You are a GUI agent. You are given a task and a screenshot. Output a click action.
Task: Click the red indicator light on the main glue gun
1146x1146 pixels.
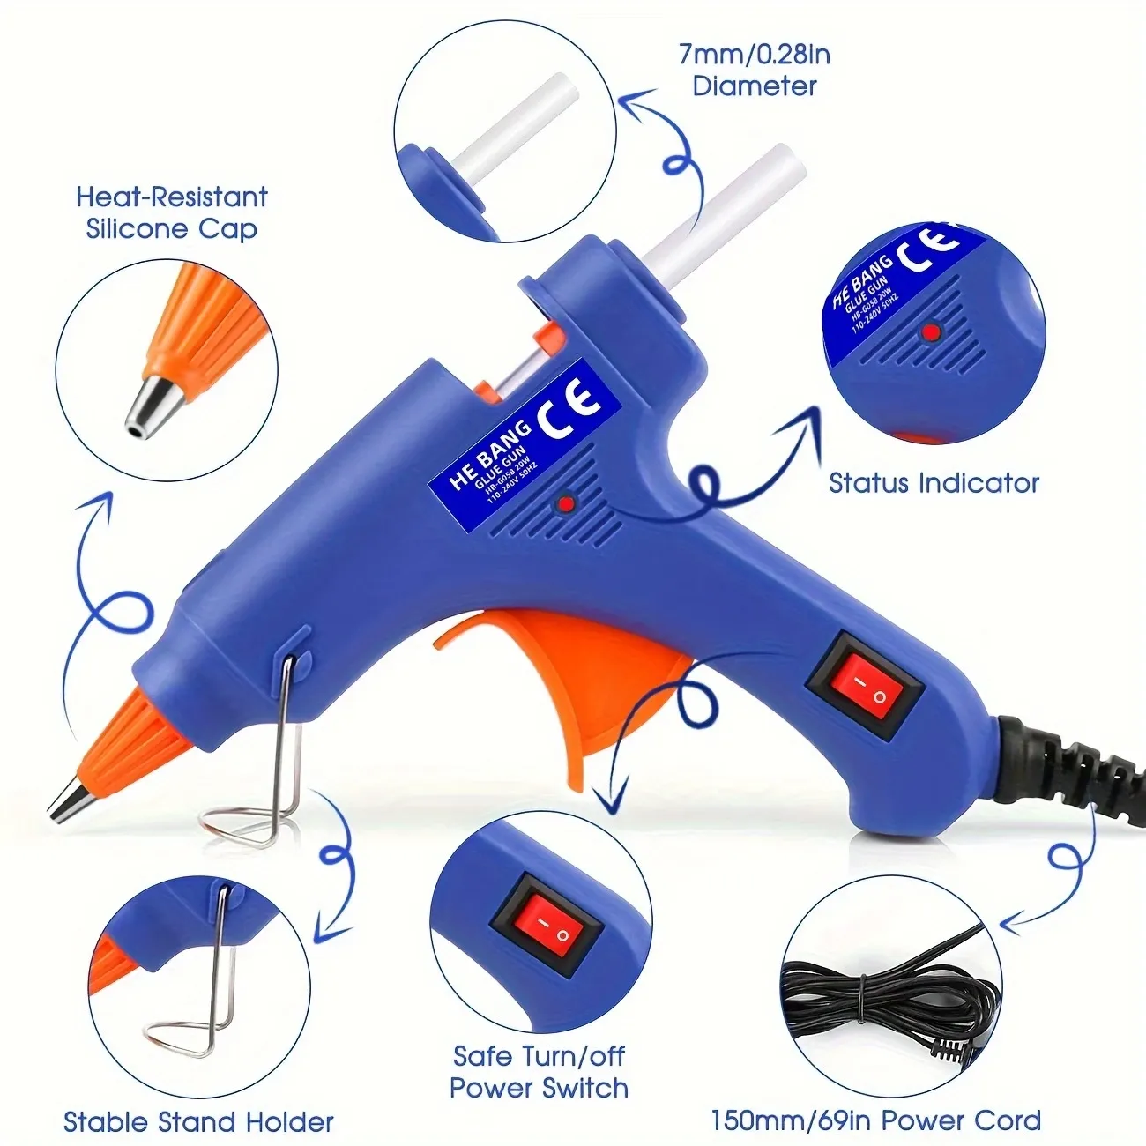pos(565,503)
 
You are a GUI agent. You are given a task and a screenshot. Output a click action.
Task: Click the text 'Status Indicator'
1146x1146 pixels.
pos(934,483)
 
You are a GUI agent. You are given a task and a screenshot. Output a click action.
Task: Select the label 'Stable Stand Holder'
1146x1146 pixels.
pos(198,1122)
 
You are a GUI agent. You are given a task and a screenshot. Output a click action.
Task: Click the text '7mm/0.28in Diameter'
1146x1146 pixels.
pos(755,71)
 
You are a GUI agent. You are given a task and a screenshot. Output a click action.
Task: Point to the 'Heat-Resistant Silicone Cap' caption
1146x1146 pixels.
pos(172,212)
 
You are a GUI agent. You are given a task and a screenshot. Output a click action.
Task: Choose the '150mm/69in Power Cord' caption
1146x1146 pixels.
pos(875,1120)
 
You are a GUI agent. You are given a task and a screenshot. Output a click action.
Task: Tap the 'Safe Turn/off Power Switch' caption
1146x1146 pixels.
pos(539,1071)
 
